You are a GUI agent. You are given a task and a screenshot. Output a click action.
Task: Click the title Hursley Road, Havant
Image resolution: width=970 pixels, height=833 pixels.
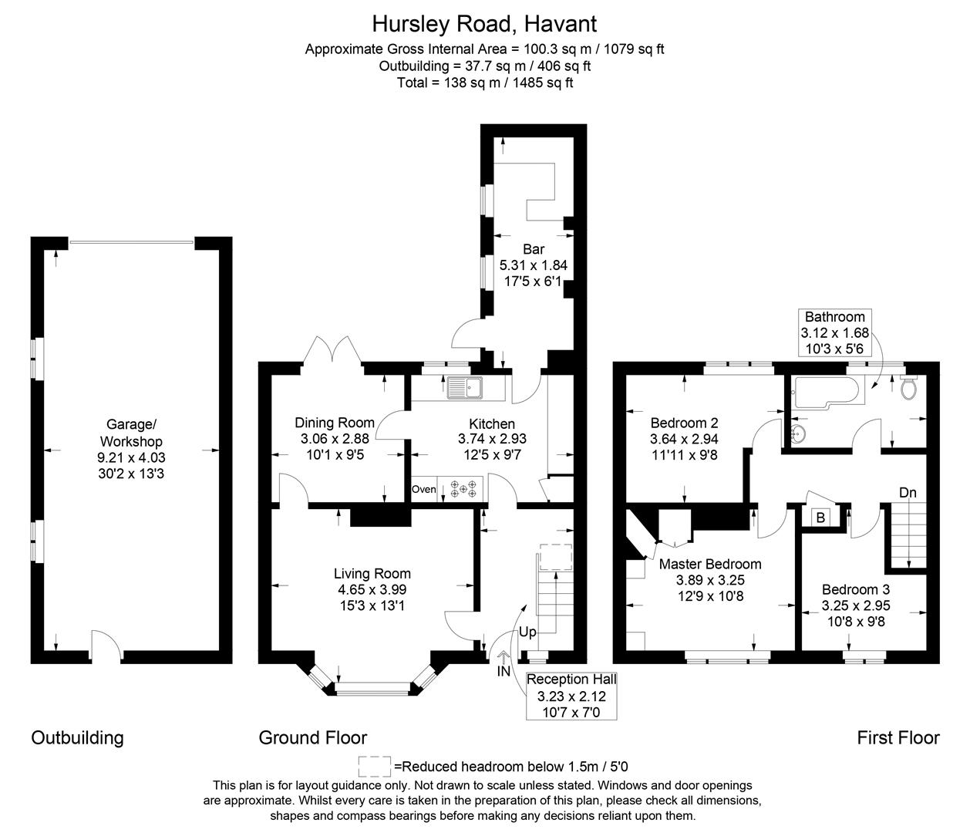coord(484,23)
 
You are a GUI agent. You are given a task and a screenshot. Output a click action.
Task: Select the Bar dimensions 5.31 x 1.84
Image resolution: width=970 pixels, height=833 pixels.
coord(533,265)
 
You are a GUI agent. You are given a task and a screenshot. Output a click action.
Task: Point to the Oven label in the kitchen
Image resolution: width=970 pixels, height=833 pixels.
coord(423,489)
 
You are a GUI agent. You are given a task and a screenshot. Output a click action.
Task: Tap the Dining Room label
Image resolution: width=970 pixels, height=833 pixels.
coord(335,423)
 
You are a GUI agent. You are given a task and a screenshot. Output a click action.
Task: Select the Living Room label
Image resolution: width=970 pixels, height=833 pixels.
coord(372,573)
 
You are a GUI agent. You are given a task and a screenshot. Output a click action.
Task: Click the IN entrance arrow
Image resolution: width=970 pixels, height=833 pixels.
coord(504,657)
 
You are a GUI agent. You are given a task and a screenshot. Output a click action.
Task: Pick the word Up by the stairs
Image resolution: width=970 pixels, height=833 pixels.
coord(527,632)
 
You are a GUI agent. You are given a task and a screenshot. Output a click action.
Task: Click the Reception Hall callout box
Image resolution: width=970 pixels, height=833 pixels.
coord(571,695)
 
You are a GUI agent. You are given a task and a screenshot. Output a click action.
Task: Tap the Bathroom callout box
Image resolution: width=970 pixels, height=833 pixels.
coord(835,332)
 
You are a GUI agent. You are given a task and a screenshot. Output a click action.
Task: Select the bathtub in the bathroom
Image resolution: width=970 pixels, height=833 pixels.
coord(824,390)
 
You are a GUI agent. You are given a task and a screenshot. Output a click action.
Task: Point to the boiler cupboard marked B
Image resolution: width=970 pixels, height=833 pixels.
coord(820,518)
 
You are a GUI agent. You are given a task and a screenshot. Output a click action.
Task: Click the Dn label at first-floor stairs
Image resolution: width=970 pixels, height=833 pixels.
coord(908,493)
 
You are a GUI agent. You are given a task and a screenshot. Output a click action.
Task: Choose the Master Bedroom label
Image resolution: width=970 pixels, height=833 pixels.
coord(709,564)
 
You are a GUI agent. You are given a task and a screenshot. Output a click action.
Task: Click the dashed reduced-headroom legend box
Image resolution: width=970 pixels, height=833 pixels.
coord(375,766)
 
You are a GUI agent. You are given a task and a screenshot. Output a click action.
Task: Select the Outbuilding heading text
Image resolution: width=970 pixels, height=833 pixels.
coord(77,737)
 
